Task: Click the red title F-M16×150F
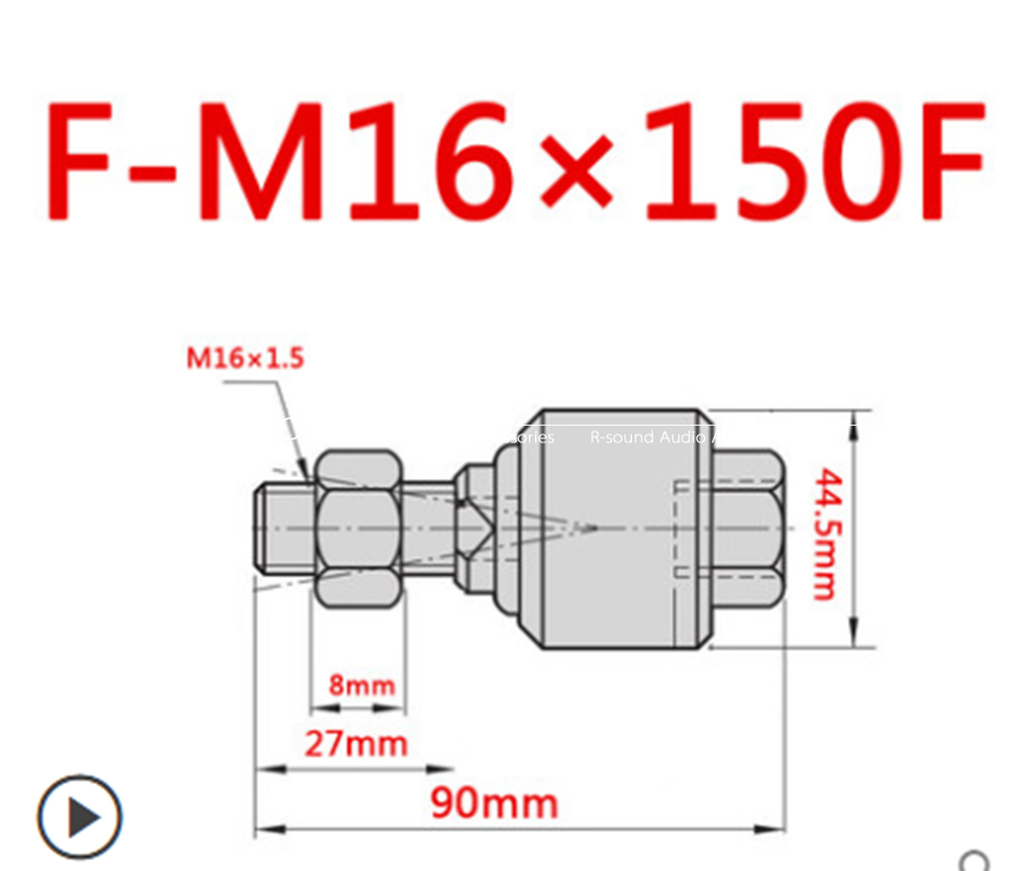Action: (x=513, y=160)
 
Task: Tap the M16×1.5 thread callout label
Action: (x=246, y=357)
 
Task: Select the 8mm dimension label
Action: (x=361, y=683)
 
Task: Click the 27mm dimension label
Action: (x=355, y=743)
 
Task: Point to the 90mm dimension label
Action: (x=494, y=803)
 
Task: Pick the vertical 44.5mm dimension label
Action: (x=824, y=533)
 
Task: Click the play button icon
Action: (x=80, y=817)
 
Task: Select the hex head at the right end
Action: (x=746, y=528)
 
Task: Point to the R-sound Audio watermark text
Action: (x=647, y=436)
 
